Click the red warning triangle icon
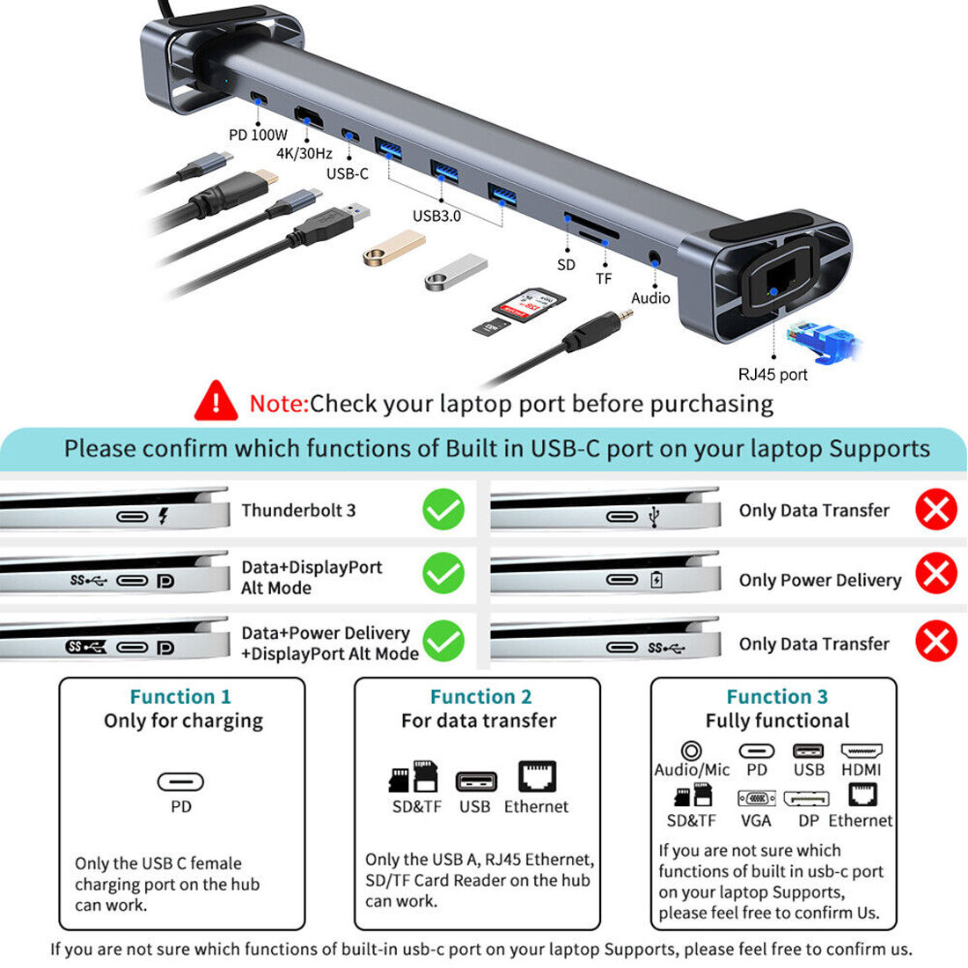(x=216, y=401)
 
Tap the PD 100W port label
(x=258, y=135)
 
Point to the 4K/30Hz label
(x=304, y=154)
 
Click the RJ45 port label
(x=773, y=374)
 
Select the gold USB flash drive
(x=394, y=247)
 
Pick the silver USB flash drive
(x=456, y=272)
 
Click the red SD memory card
(x=529, y=304)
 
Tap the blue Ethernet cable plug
(x=822, y=341)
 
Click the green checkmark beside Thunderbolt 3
(x=444, y=510)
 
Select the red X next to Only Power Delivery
(x=936, y=574)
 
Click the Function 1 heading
(x=180, y=696)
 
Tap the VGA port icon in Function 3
(x=757, y=798)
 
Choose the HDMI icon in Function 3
(x=862, y=751)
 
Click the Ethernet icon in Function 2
(x=537, y=776)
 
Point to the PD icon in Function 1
(x=180, y=782)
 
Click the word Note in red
(x=278, y=403)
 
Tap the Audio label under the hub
(x=650, y=298)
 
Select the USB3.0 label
(x=436, y=216)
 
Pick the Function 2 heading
(x=480, y=696)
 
